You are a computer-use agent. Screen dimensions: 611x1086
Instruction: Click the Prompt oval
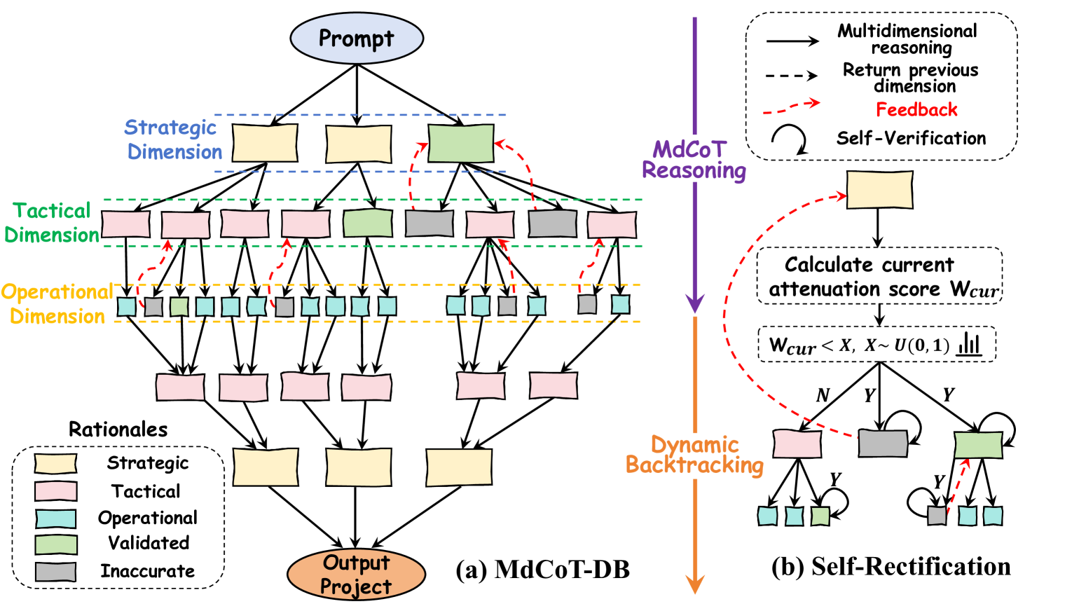click(x=357, y=39)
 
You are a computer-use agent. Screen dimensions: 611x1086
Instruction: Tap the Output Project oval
click(x=356, y=575)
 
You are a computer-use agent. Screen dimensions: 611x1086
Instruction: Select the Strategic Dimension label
click(x=173, y=139)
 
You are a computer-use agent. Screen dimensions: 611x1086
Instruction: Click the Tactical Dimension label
click(x=52, y=223)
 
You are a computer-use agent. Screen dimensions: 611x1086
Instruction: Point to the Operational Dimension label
click(x=57, y=304)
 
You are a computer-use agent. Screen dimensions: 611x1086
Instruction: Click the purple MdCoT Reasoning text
click(x=694, y=160)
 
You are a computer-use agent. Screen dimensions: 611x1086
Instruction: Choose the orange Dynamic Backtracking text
click(x=694, y=455)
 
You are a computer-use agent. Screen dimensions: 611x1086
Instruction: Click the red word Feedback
click(x=916, y=110)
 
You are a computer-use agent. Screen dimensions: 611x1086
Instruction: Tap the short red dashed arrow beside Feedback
click(x=792, y=107)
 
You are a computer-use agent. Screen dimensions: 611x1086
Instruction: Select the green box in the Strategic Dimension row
click(x=460, y=144)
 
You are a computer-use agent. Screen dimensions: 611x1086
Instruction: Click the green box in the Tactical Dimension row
click(x=368, y=224)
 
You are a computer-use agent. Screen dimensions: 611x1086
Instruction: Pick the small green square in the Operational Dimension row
click(x=179, y=306)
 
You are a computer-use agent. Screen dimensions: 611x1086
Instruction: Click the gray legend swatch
click(x=55, y=572)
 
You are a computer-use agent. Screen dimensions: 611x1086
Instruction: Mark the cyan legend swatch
click(x=55, y=519)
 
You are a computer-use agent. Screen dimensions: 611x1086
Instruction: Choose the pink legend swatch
click(x=55, y=491)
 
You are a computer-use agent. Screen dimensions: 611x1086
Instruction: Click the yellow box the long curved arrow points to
click(x=879, y=190)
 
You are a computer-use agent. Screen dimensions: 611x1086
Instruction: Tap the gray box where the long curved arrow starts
click(x=883, y=444)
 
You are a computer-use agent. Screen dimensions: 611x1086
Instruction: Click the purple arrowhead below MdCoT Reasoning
click(x=694, y=304)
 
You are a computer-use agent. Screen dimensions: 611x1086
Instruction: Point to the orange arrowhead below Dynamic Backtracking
click(x=694, y=584)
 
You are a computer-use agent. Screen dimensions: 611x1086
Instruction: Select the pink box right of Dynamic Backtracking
click(x=797, y=444)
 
